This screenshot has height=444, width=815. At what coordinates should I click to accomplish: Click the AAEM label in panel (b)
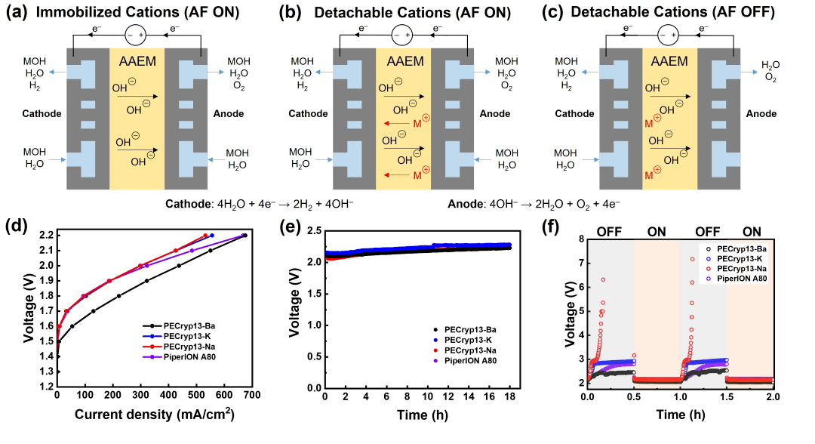pos(403,60)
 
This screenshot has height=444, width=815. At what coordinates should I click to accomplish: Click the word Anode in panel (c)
pos(762,113)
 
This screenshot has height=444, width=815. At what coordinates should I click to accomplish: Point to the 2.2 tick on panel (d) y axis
pos(45,235)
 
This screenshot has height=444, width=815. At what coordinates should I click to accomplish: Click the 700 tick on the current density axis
pos(251,395)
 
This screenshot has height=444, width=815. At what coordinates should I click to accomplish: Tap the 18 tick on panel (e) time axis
pos(511,395)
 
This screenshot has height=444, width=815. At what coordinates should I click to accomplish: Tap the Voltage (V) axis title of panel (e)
pos(295,311)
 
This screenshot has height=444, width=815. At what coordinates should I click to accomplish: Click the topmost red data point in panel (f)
pos(691,259)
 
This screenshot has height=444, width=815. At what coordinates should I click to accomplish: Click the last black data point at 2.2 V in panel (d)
pos(244,236)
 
